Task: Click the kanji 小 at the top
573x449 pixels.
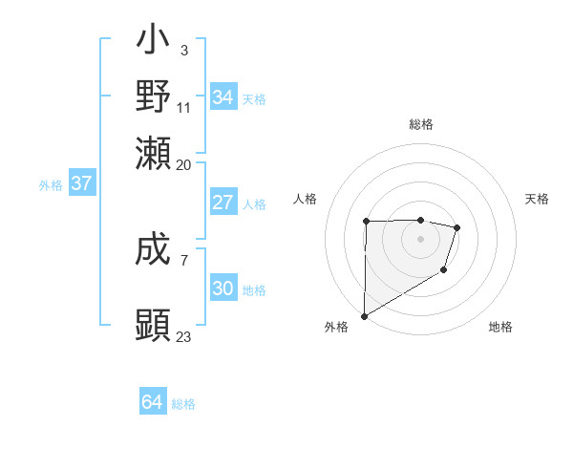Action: click(154, 42)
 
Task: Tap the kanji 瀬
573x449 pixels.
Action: click(154, 153)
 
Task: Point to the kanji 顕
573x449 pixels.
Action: click(154, 325)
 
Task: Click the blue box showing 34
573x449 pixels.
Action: click(223, 97)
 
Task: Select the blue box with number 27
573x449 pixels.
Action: click(223, 203)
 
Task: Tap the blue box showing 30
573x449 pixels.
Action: click(223, 289)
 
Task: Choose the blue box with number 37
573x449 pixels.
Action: click(81, 183)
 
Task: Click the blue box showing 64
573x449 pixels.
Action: click(153, 402)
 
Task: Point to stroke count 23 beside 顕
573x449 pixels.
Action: click(183, 337)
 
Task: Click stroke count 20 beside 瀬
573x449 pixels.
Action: click(183, 164)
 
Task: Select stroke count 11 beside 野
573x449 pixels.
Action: click(183, 107)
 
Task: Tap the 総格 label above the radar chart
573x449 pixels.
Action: click(421, 124)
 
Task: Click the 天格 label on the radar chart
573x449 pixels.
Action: click(537, 199)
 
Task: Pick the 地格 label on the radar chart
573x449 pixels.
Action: click(500, 327)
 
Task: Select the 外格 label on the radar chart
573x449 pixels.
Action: click(336, 327)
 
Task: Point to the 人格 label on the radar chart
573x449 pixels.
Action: click(306, 199)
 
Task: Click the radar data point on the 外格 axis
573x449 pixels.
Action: click(364, 315)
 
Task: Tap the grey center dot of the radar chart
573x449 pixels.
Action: click(420, 239)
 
